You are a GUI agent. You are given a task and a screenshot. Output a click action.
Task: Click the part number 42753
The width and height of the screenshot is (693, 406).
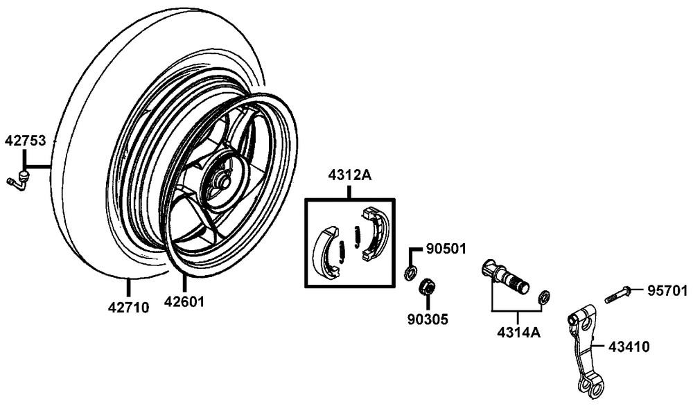pos(26,141)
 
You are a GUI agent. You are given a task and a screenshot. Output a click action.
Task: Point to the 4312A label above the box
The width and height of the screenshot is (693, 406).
pos(350,177)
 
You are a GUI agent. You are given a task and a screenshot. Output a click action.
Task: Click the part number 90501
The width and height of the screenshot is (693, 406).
pos(446,248)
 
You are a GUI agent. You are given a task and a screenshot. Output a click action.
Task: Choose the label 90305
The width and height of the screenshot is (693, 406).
pos(428,319)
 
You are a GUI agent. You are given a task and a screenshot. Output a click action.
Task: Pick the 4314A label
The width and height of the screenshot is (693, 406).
pos(518,331)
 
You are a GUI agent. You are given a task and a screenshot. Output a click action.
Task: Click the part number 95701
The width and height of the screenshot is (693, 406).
pos(668,289)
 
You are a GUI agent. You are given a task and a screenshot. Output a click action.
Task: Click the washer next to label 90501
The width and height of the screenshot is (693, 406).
pos(410,272)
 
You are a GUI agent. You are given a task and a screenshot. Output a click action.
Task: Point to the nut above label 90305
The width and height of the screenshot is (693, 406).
pos(428,285)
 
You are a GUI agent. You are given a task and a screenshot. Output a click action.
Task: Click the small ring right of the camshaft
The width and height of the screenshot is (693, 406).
pos(544,297)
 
